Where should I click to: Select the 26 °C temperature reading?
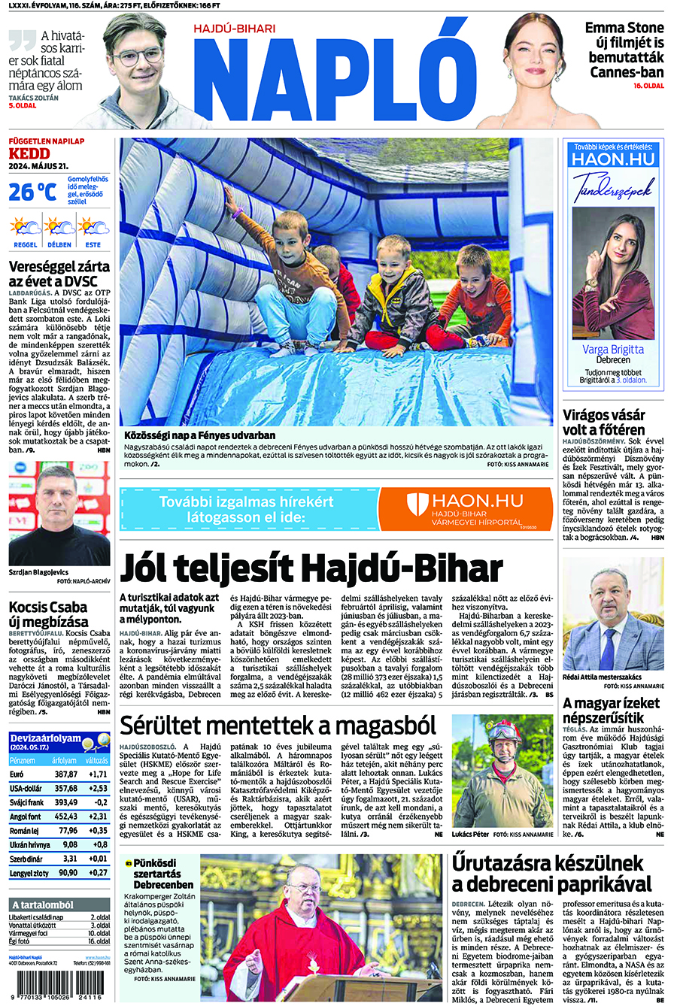coord(32,192)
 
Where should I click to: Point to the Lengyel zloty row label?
coord(29,873)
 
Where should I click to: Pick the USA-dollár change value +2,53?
coord(97,789)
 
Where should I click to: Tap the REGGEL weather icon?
coord(25,226)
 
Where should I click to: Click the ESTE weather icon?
coord(93,226)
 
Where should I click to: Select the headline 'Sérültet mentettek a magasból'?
coord(278,726)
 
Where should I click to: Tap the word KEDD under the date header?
coord(29,154)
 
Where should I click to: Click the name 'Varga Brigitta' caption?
coord(613,350)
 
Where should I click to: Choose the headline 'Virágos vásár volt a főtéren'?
coord(604,422)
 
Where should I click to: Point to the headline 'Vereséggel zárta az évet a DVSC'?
coord(59,274)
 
